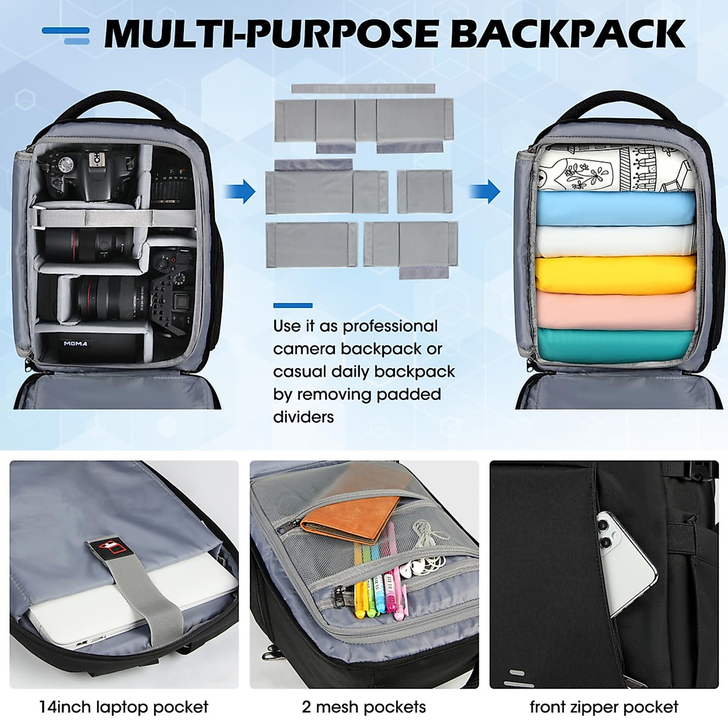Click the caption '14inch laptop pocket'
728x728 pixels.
(124, 707)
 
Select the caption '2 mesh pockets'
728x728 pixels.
(364, 707)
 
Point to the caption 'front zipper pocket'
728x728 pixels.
(604, 707)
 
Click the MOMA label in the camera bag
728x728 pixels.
(76, 343)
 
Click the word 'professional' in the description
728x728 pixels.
(389, 326)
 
